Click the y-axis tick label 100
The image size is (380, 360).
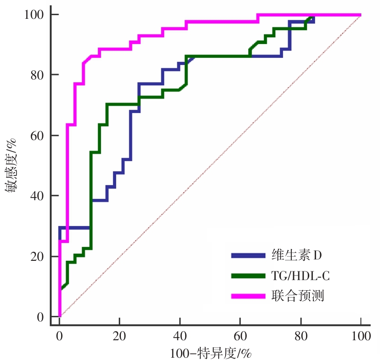(x=34, y=15)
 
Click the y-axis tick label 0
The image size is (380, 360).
(x=40, y=317)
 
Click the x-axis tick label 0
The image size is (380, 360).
(x=59, y=336)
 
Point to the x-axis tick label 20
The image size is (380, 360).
(x=119, y=336)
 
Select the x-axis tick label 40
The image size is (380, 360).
(x=180, y=336)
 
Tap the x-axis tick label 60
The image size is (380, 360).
(x=240, y=336)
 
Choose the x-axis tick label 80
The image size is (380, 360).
(x=301, y=336)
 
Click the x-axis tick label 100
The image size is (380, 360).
(x=361, y=336)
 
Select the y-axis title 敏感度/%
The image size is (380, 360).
(x=12, y=166)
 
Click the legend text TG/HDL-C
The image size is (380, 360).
(x=303, y=276)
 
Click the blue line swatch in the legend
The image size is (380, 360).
(x=248, y=255)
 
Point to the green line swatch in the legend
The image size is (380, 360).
(x=248, y=276)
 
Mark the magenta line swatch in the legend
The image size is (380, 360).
(x=248, y=297)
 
